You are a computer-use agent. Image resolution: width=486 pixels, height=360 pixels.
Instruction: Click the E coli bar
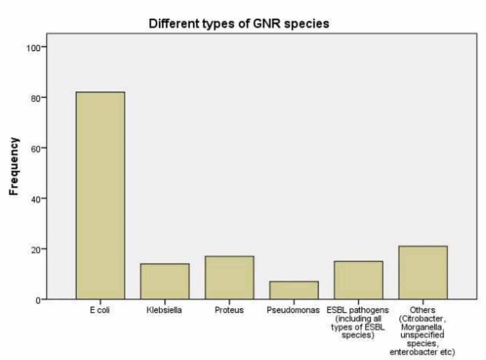click(100, 195)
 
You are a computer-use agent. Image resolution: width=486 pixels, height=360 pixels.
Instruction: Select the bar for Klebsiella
click(165, 281)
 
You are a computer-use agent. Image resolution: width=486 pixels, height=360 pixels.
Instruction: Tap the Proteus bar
click(229, 277)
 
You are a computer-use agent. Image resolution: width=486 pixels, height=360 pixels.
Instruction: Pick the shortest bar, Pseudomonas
click(294, 290)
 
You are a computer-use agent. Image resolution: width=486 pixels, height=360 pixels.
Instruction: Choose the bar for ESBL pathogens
click(358, 280)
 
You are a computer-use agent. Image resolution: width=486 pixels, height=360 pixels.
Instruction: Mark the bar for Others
click(423, 272)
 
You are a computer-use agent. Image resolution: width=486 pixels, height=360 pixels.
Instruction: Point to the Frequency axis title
click(15, 166)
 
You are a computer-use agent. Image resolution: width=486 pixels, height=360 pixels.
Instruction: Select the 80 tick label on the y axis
click(35, 98)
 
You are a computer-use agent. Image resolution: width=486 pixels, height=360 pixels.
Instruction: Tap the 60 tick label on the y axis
click(35, 148)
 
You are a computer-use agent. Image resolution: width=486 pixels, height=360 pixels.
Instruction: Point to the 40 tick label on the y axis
click(35, 199)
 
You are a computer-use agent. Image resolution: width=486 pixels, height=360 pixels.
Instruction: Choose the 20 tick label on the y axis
click(35, 249)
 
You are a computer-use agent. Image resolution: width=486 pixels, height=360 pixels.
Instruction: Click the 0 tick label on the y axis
click(37, 300)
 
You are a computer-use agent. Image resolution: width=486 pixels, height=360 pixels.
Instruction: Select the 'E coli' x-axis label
click(100, 311)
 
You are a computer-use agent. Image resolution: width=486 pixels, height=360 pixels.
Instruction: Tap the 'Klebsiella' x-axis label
click(165, 311)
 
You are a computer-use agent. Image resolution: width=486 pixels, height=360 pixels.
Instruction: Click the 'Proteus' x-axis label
click(229, 311)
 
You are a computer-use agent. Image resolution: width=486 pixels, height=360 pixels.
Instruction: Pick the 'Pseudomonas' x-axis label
click(294, 311)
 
